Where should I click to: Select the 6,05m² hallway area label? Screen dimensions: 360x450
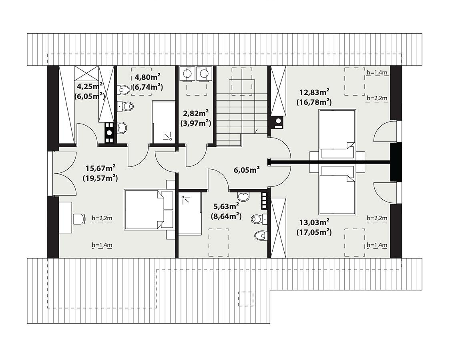tap(247, 170)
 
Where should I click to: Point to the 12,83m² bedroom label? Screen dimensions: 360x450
tap(313, 91)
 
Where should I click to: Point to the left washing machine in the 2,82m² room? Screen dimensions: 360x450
tap(187, 74)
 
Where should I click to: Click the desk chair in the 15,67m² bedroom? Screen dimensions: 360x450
tap(79, 219)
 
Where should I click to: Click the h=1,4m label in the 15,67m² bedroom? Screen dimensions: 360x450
tap(102, 245)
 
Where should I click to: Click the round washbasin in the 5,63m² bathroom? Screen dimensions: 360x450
tap(243, 196)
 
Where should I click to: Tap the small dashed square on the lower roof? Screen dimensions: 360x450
tap(245, 298)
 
